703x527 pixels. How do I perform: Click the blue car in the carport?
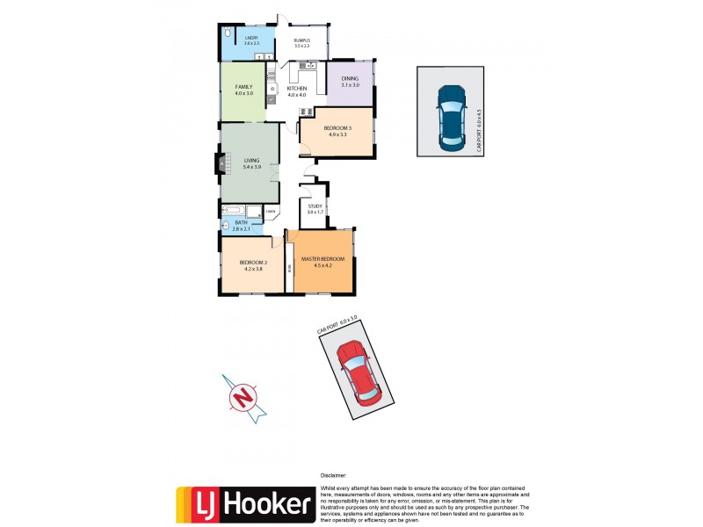tap(450, 115)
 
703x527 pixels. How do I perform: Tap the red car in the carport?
tap(360, 372)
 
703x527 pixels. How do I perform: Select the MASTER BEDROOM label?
tap(323, 259)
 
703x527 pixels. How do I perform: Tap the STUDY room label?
tap(315, 206)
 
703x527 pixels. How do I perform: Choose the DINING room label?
tap(350, 79)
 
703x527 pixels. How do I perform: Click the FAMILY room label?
tap(243, 86)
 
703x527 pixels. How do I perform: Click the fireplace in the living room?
tap(219, 164)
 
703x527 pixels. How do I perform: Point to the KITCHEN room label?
tap(297, 89)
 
